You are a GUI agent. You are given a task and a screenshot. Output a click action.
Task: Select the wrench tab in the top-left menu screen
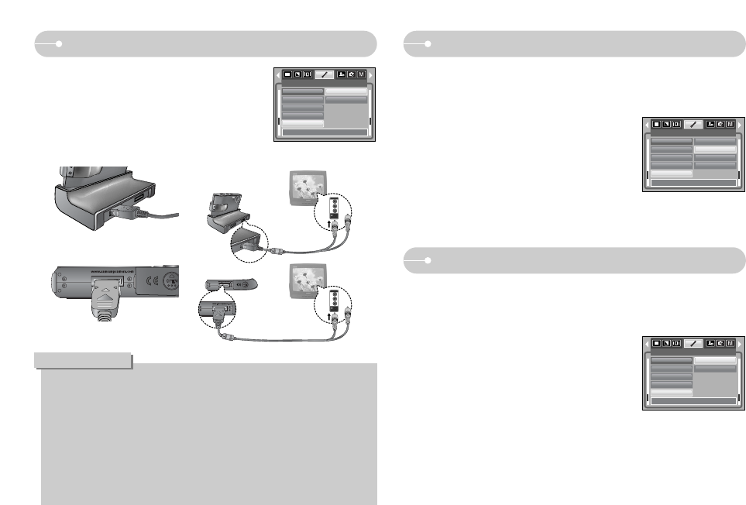click(x=325, y=74)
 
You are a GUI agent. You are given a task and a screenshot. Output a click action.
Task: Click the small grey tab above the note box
click(x=83, y=361)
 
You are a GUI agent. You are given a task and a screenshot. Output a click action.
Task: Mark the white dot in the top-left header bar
click(x=59, y=44)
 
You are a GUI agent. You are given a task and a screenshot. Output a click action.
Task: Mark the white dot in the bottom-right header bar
click(x=428, y=261)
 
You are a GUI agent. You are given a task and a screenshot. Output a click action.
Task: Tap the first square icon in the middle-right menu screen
click(x=656, y=124)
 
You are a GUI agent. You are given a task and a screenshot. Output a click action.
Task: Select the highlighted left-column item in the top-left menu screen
click(x=302, y=123)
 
